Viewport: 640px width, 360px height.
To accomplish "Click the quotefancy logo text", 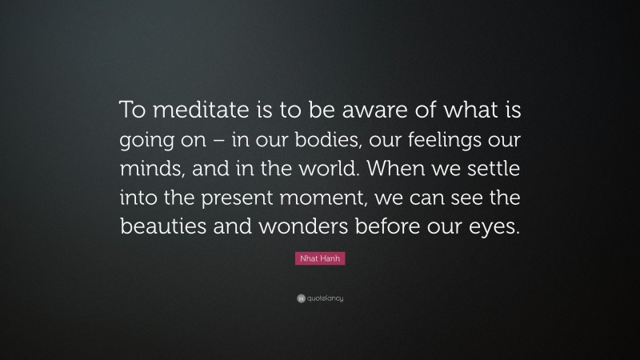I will point(326,298).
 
